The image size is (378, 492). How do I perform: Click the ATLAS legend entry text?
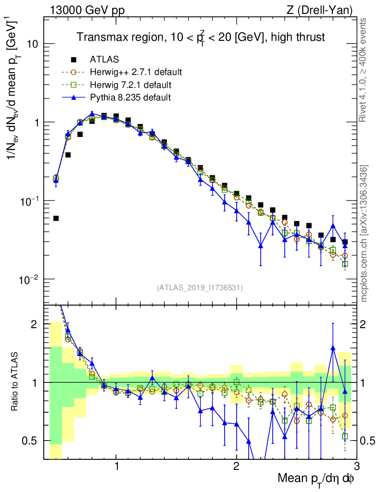tap(104, 60)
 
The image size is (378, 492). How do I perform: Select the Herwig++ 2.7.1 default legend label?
tap(136, 73)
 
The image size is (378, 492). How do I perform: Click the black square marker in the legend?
tap(74, 60)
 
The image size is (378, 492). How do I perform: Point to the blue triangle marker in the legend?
tap(74, 98)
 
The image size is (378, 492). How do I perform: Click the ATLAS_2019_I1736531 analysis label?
tap(200, 288)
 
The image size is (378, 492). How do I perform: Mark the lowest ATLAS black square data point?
tap(56, 218)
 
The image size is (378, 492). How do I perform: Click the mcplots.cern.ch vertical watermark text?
tap(364, 231)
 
